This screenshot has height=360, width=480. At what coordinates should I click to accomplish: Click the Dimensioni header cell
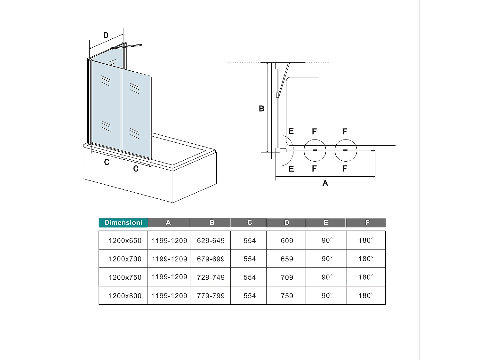coord(123,223)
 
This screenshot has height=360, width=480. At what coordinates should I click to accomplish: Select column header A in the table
coord(168,223)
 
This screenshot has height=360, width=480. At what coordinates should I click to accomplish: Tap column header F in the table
coord(367,223)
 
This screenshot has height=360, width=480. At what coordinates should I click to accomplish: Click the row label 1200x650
coord(125,241)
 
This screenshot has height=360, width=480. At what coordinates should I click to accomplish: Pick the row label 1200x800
coord(125,296)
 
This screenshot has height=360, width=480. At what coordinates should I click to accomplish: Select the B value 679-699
coord(211,259)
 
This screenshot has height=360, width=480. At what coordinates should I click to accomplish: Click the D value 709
coord(287,277)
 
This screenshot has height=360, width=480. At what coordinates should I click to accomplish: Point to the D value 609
coord(287,241)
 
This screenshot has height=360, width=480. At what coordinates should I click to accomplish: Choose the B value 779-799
coord(211,296)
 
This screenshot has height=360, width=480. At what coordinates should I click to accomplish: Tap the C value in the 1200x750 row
coord(250,277)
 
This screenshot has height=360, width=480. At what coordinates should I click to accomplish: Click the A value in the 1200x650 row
coord(169,241)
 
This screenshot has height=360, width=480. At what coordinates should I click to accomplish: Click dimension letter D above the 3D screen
coord(106,36)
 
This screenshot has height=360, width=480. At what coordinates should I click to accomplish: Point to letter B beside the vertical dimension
coord(261,109)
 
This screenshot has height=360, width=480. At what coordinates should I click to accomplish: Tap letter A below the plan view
coord(325,183)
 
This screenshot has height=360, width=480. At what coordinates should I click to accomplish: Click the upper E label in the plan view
coord(291,131)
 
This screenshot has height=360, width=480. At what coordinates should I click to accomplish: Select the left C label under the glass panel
coord(107,163)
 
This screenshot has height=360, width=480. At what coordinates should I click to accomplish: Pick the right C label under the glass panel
coord(136,169)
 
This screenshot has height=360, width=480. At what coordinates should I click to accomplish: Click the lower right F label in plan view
coord(344,169)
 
